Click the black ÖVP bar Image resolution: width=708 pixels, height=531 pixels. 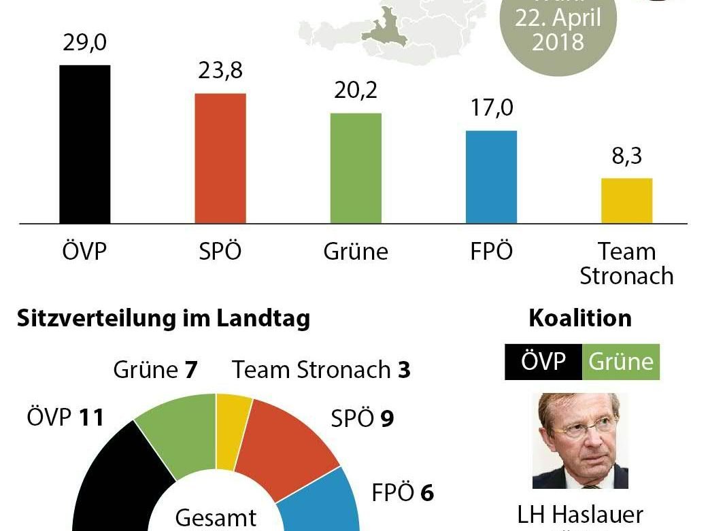84,144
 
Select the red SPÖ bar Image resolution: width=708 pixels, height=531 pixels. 220,158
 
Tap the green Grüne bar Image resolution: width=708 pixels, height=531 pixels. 356,168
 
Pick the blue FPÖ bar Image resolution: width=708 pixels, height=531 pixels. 491,177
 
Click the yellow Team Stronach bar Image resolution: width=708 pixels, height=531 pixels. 626,201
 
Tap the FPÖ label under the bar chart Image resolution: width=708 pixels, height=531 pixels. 491,252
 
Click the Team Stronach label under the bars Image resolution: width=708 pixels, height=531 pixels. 626,264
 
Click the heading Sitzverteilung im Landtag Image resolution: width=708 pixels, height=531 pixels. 164,318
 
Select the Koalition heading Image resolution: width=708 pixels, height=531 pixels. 580,318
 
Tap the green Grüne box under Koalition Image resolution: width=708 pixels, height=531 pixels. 620,362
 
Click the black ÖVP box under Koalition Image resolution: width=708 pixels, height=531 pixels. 543,362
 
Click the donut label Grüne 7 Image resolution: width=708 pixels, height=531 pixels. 155,370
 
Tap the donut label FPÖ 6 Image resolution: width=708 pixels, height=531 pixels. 403,492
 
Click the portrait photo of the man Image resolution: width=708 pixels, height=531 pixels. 580,441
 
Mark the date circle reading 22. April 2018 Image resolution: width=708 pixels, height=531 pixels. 558,31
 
